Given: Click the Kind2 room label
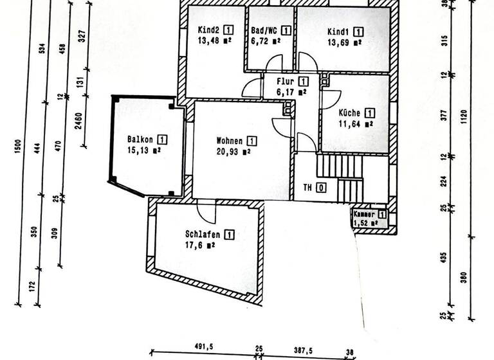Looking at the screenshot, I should (209, 30).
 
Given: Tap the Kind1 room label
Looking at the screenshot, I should (338, 32).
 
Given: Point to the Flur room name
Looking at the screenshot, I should (286, 82).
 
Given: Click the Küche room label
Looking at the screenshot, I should (351, 113).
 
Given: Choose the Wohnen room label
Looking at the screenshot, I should (230, 141).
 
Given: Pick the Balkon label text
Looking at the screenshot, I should (140, 139).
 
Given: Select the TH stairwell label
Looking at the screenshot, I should (308, 188).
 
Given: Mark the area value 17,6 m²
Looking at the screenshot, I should (199, 245).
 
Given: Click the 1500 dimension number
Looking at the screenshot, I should (17, 147).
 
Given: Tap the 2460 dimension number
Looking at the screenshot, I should (77, 120).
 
